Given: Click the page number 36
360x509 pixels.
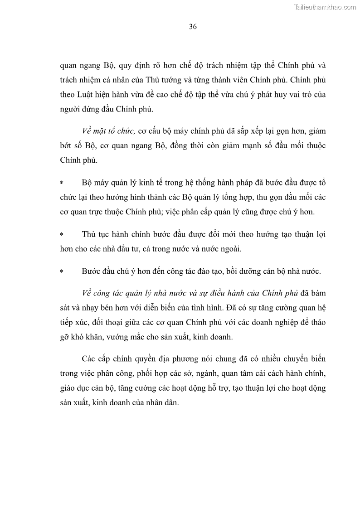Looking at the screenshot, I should [x=193, y=27].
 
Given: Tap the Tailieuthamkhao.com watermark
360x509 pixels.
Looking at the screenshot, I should [x=326, y=7].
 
